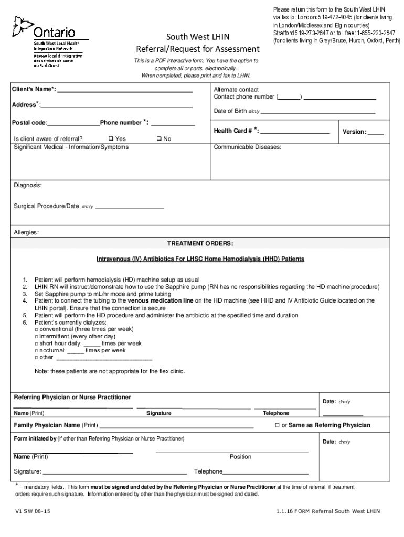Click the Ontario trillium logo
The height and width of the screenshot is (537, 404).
(x=23, y=26)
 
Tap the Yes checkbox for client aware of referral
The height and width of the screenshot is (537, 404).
(x=111, y=139)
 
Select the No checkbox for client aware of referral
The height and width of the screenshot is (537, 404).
(x=159, y=139)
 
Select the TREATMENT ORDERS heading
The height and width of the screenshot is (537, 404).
(x=200, y=244)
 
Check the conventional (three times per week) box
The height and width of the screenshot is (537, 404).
(x=37, y=329)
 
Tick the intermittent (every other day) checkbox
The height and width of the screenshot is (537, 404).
(x=37, y=336)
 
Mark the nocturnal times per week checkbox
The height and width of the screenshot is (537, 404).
(x=37, y=350)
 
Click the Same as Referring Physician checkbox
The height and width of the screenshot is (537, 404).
(x=278, y=425)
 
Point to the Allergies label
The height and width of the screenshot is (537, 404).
(x=26, y=232)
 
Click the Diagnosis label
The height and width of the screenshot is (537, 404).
(x=28, y=186)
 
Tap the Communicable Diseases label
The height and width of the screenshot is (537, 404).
(x=247, y=147)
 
